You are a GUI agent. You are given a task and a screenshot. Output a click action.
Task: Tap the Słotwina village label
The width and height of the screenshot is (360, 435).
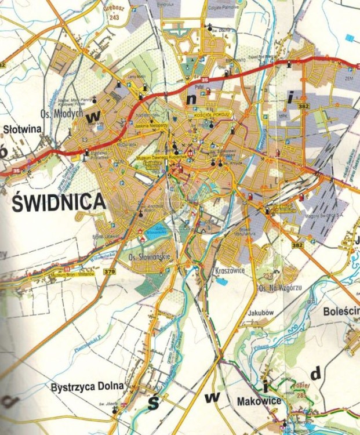pyautogui.click(x=23, y=129)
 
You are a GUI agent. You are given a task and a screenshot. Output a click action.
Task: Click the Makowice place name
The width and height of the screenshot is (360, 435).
pyautogui.click(x=259, y=401)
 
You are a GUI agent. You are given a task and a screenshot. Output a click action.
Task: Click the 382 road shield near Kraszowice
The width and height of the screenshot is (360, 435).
pyautogui.click(x=298, y=246)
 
